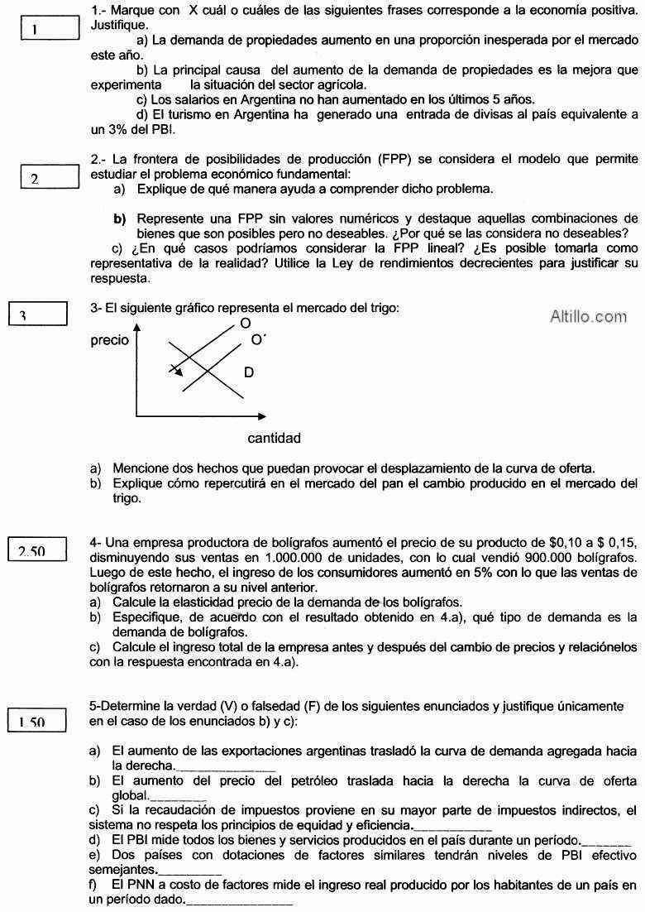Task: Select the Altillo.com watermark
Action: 589,315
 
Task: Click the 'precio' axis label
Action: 109,340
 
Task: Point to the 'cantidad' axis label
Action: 274,438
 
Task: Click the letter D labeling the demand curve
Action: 249,372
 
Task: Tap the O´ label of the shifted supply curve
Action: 258,339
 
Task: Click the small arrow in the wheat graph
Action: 175,370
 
